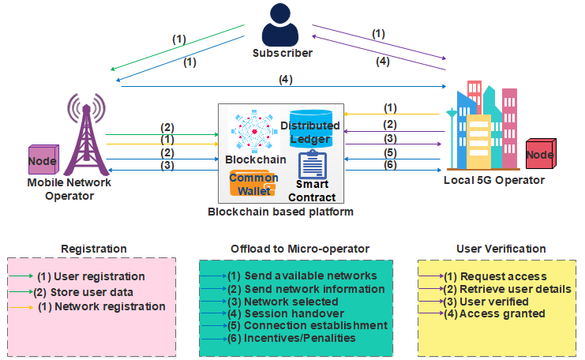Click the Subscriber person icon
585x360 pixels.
(282, 25)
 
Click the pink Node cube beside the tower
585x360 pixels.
(43, 161)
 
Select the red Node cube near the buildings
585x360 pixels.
(540, 155)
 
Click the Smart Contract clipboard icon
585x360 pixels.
(313, 167)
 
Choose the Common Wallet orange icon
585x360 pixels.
(253, 184)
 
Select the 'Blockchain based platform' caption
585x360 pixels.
(280, 212)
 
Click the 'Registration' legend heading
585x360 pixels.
(93, 249)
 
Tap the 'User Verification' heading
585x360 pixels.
(501, 249)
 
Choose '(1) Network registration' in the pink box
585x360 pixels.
(101, 306)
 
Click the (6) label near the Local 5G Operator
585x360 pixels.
(390, 164)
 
